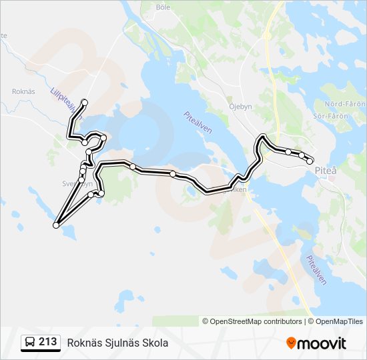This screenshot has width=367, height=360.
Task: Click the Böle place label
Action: (162, 7)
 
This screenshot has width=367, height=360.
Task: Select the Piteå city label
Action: (326, 171)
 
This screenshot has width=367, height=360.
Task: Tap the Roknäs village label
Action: (23, 91)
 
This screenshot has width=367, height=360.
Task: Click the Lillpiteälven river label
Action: (62, 103)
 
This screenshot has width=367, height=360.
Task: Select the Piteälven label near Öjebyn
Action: (198, 122)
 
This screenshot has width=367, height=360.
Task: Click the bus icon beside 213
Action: (30, 343)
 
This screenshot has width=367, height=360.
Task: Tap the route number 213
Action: (47, 342)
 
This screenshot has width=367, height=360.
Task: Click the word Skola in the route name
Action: (155, 343)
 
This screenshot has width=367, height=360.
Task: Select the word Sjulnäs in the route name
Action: (120, 343)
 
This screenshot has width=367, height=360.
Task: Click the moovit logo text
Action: (322, 343)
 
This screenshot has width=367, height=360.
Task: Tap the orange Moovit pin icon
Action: (291, 343)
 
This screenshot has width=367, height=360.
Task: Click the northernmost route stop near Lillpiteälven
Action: (85, 102)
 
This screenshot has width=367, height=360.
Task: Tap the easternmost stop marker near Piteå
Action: (310, 161)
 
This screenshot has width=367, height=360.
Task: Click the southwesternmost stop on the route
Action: (56, 225)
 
